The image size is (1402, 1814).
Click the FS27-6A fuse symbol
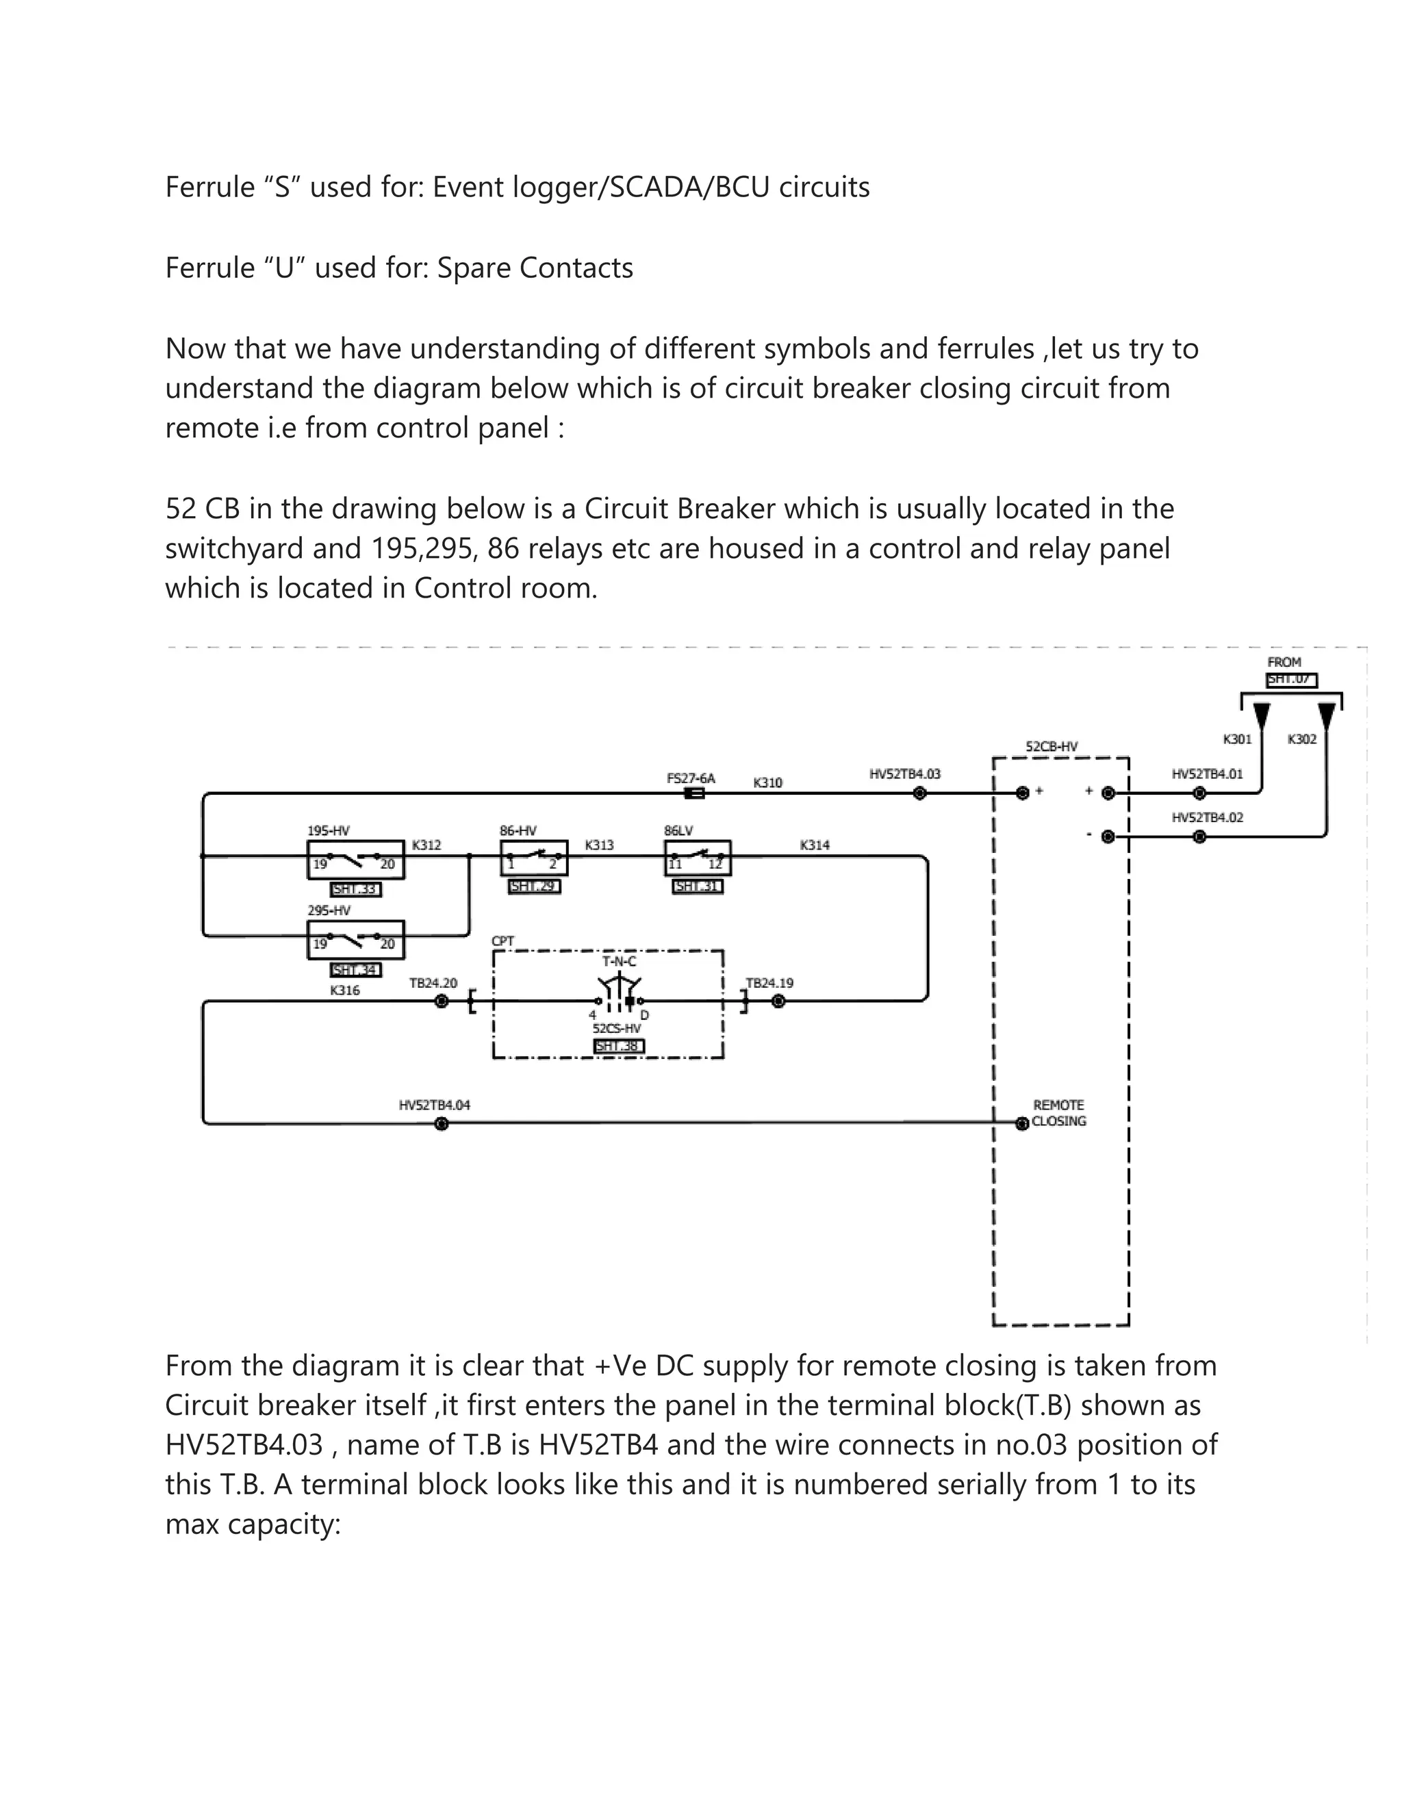click(694, 793)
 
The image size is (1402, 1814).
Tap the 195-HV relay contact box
click(355, 858)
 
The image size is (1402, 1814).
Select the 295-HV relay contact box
click(355, 938)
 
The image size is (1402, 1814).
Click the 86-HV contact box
click(534, 857)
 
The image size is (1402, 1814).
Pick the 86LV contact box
click(698, 857)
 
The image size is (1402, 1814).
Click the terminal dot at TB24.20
click(442, 1001)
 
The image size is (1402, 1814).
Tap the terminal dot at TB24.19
click(778, 1001)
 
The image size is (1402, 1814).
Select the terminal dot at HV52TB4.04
click(442, 1124)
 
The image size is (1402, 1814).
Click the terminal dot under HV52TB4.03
click(919, 793)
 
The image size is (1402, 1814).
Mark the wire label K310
click(767, 782)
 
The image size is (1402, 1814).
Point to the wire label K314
click(815, 845)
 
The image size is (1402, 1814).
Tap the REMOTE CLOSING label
click(1059, 1113)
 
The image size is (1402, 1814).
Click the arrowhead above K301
click(1262, 715)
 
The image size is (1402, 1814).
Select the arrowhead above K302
click(1327, 715)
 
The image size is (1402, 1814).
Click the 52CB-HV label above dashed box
click(1051, 747)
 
